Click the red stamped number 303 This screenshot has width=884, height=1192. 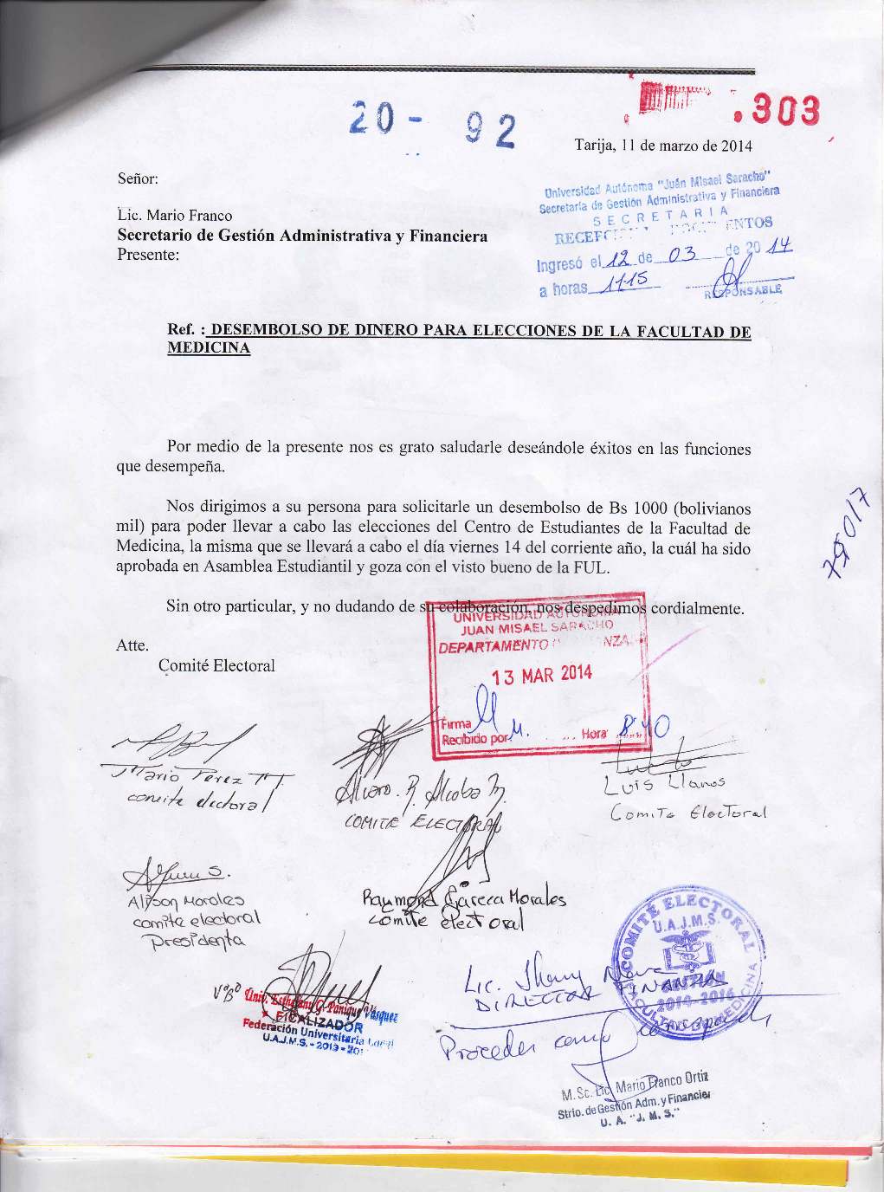pos(784,112)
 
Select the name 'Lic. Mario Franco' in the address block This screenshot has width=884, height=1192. pos(174,216)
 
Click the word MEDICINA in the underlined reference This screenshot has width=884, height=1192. pos(209,348)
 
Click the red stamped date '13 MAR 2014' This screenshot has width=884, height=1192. pos(542,675)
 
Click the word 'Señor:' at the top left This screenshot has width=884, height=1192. pos(137,179)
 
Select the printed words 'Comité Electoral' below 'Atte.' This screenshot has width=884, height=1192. pos(217,665)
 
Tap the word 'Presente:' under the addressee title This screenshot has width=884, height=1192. pos(147,255)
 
